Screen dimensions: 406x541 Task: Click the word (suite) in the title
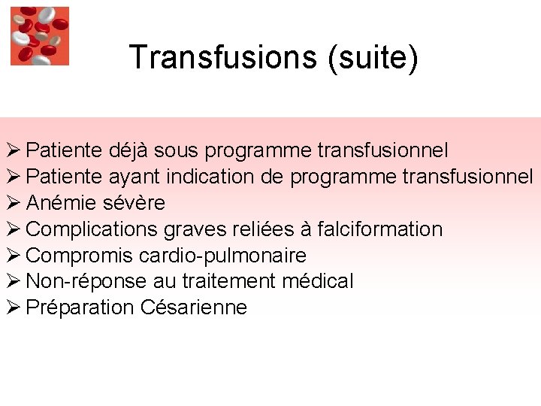[x=372, y=57]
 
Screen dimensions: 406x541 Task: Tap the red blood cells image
[x=39, y=35]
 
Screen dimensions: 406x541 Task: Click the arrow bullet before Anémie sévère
[x=13, y=203]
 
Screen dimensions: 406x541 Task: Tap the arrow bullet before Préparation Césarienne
[x=13, y=308]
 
